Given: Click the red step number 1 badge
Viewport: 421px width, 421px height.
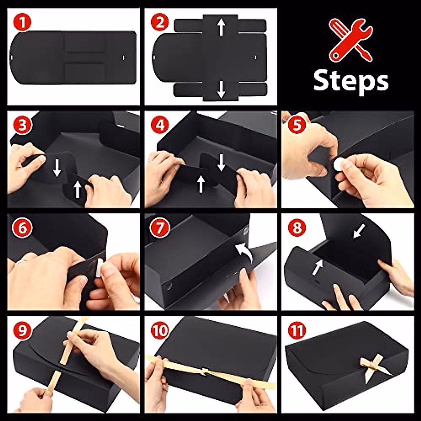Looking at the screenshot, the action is (22, 23).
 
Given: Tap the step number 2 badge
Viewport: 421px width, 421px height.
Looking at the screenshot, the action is (160, 23).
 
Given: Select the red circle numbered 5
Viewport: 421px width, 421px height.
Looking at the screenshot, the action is (296, 125).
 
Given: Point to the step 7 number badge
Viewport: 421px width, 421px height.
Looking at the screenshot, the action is (160, 228).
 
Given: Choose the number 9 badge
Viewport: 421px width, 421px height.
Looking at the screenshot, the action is (22, 330).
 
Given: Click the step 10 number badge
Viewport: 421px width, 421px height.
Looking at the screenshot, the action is (160, 330).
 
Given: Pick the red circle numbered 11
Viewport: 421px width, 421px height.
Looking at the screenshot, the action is (296, 330).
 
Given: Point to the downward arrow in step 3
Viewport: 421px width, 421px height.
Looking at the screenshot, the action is (57, 168).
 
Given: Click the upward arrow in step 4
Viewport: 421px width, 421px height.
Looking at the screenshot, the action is (201, 184).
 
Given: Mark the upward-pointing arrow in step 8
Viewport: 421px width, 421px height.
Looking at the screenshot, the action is (318, 267).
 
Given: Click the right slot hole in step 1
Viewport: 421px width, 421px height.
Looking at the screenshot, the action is (124, 58).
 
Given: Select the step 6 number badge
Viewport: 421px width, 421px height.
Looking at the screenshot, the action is (22, 228).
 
